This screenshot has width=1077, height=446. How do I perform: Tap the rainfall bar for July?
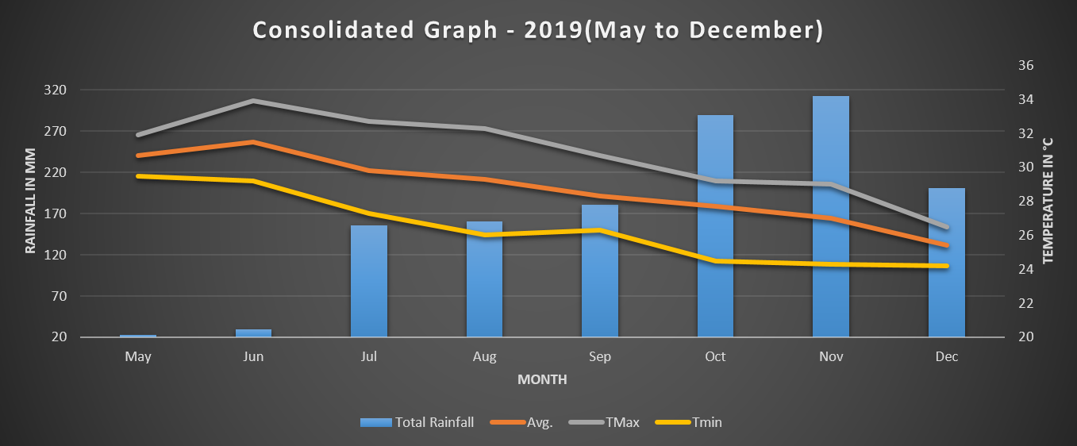pyautogui.click(x=369, y=282)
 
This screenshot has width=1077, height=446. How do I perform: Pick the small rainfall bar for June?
pyautogui.click(x=253, y=333)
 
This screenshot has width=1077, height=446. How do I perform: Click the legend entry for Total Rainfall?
pyautogui.click(x=417, y=422)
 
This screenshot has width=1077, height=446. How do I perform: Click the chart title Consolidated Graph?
pyautogui.click(x=538, y=30)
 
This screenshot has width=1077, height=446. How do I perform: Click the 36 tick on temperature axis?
pyautogui.click(x=1025, y=66)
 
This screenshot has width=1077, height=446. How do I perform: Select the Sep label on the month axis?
pyautogui.click(x=600, y=357)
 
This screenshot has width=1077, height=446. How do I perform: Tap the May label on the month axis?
pyautogui.click(x=138, y=357)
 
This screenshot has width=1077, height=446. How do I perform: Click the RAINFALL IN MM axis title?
pyautogui.click(x=31, y=200)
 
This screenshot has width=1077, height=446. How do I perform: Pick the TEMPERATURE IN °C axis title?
pyautogui.click(x=1048, y=200)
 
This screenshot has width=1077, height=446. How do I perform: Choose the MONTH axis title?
pyautogui.click(x=542, y=379)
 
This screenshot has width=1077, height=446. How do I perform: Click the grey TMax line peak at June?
pyautogui.click(x=253, y=101)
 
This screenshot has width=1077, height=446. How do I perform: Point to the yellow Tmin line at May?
pyautogui.click(x=138, y=176)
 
